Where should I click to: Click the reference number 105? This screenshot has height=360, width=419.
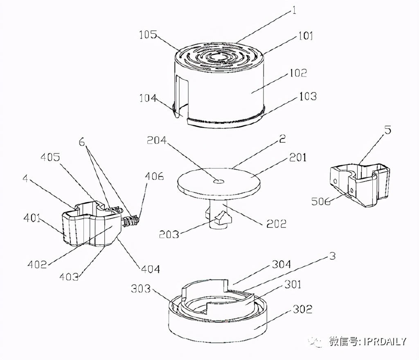click(148, 35)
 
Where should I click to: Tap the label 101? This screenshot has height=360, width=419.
click(305, 36)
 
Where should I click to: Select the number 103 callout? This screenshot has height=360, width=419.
click(308, 97)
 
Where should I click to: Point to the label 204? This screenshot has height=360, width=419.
click(157, 140)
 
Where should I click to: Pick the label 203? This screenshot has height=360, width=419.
click(169, 234)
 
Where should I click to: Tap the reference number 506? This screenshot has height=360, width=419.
click(321, 201)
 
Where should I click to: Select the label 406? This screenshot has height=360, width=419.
click(154, 176)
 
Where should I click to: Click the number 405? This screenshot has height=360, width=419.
click(50, 157)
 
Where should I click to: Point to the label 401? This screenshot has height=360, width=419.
click(32, 218)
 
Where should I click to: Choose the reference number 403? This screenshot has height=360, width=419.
click(69, 277)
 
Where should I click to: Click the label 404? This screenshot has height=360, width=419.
click(151, 269)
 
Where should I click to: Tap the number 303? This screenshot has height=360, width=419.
click(141, 289)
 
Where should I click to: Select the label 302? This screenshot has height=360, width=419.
click(302, 309)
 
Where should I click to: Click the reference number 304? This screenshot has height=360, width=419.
click(281, 264)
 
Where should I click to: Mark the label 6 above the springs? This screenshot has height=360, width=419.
click(81, 142)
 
